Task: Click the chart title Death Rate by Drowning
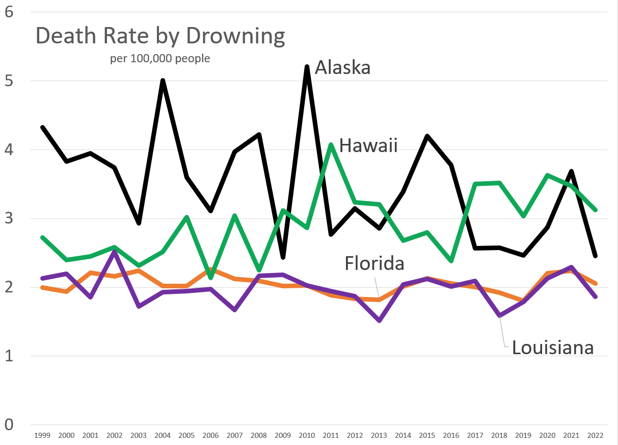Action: coord(159,37)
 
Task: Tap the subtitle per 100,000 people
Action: coord(160,59)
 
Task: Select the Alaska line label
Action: coord(342,67)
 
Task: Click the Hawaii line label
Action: coord(368,146)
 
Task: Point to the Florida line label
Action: coord(374,263)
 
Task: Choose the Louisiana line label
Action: coord(553,348)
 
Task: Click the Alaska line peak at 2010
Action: coord(307,67)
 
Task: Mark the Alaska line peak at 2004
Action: coord(163,81)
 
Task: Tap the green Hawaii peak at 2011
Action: coord(331,144)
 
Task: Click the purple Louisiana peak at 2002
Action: coord(115,252)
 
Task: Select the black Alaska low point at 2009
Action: coord(283,257)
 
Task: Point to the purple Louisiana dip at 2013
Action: coord(379,320)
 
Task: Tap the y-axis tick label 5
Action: coord(9,81)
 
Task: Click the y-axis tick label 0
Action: coord(9,425)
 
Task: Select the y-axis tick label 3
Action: coord(9,218)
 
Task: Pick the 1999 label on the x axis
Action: coord(42,435)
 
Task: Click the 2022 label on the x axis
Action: coord(595,435)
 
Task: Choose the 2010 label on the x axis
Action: coord(307,435)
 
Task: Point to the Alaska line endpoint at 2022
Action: coord(595,255)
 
